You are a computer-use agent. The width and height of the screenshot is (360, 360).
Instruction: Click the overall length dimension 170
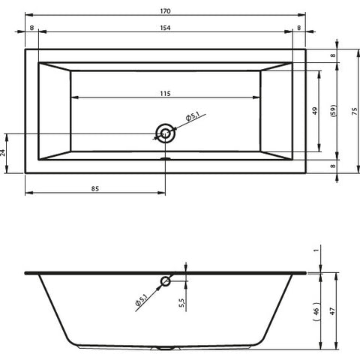(165, 11)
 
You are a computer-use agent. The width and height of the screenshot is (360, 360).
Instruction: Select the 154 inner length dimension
(165, 28)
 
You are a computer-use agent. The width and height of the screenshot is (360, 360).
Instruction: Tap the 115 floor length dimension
(165, 94)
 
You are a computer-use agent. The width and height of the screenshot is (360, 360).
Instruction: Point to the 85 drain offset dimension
(95, 189)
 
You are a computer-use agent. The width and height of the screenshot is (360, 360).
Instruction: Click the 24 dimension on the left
(3, 153)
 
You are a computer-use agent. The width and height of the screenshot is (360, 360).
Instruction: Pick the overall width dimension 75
(355, 111)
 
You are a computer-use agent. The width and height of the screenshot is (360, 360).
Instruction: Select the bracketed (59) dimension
(334, 111)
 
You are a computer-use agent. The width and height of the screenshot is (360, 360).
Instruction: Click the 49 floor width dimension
(315, 111)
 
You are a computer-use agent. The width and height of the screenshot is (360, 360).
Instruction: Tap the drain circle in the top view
(165, 133)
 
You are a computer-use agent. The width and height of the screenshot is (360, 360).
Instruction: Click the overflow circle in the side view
(166, 282)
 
